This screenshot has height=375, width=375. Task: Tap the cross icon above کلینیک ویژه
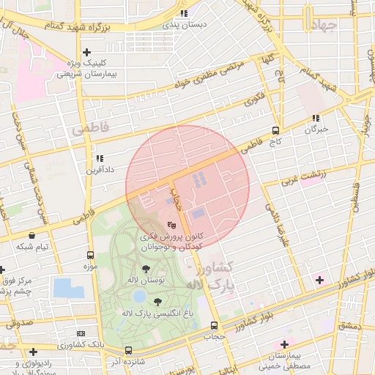[86, 52]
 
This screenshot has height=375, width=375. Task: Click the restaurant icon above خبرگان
[316, 118]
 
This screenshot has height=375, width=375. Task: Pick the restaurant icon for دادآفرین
[100, 157]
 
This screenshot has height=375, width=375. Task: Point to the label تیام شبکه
[33, 246]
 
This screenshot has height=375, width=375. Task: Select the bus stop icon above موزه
[90, 256]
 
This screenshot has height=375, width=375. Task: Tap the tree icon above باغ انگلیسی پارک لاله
[157, 302]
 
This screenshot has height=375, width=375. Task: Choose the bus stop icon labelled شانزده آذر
[129, 351]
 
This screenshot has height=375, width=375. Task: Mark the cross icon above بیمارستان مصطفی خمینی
[284, 344]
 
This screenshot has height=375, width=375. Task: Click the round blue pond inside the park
[139, 297]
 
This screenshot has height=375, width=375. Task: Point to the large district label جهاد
[322, 27]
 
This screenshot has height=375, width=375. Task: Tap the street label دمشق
[349, 325]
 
